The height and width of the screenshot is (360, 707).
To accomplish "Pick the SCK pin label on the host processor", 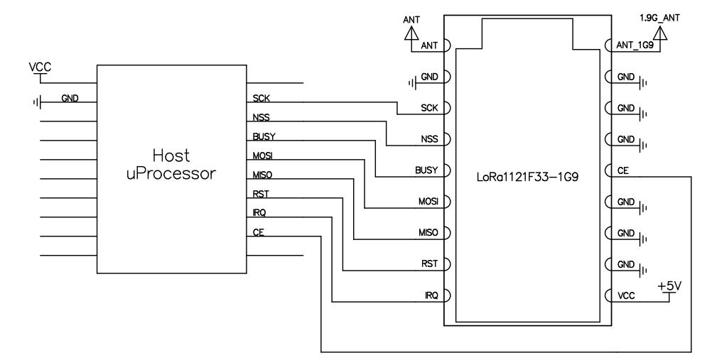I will pos(261,98).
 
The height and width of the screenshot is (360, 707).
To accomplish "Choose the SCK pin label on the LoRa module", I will pos(428,108).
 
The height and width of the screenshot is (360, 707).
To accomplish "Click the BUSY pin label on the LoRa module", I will pos(425,170).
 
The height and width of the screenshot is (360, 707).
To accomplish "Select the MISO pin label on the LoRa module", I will pos(426,233).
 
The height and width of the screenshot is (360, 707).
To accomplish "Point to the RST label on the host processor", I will pos(260,194).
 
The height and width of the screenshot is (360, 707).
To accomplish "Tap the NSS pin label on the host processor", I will pos(261,117).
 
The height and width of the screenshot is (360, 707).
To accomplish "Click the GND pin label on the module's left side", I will pos(428,77).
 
